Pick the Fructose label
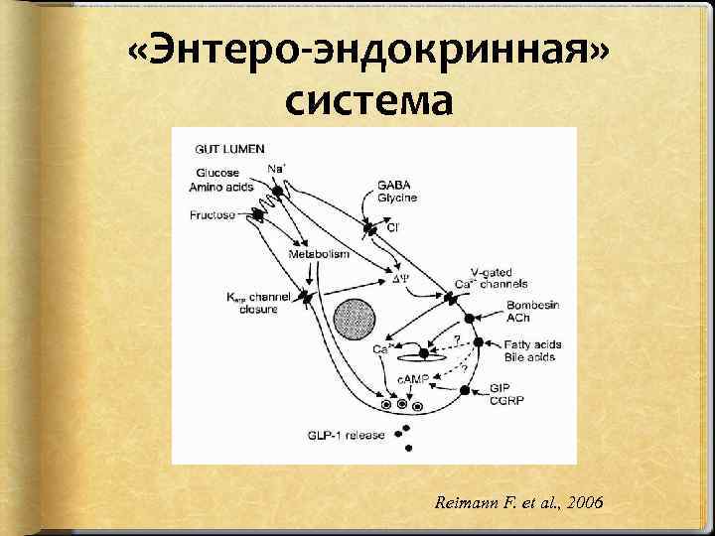213,214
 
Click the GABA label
392,185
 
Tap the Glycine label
396,198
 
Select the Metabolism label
319,255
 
